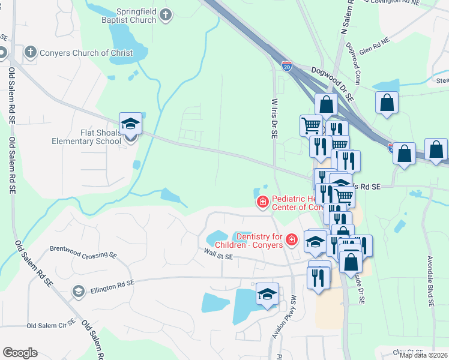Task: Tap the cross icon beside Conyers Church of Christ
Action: pos(30,52)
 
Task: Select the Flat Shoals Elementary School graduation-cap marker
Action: pos(130,125)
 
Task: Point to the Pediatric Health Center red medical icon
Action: pos(262,203)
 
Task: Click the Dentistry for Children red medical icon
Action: pos(292,241)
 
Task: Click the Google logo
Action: pos(20,353)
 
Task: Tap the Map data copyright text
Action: pos(423,355)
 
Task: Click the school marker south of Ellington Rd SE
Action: pos(268,294)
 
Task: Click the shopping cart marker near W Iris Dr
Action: pos(312,126)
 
